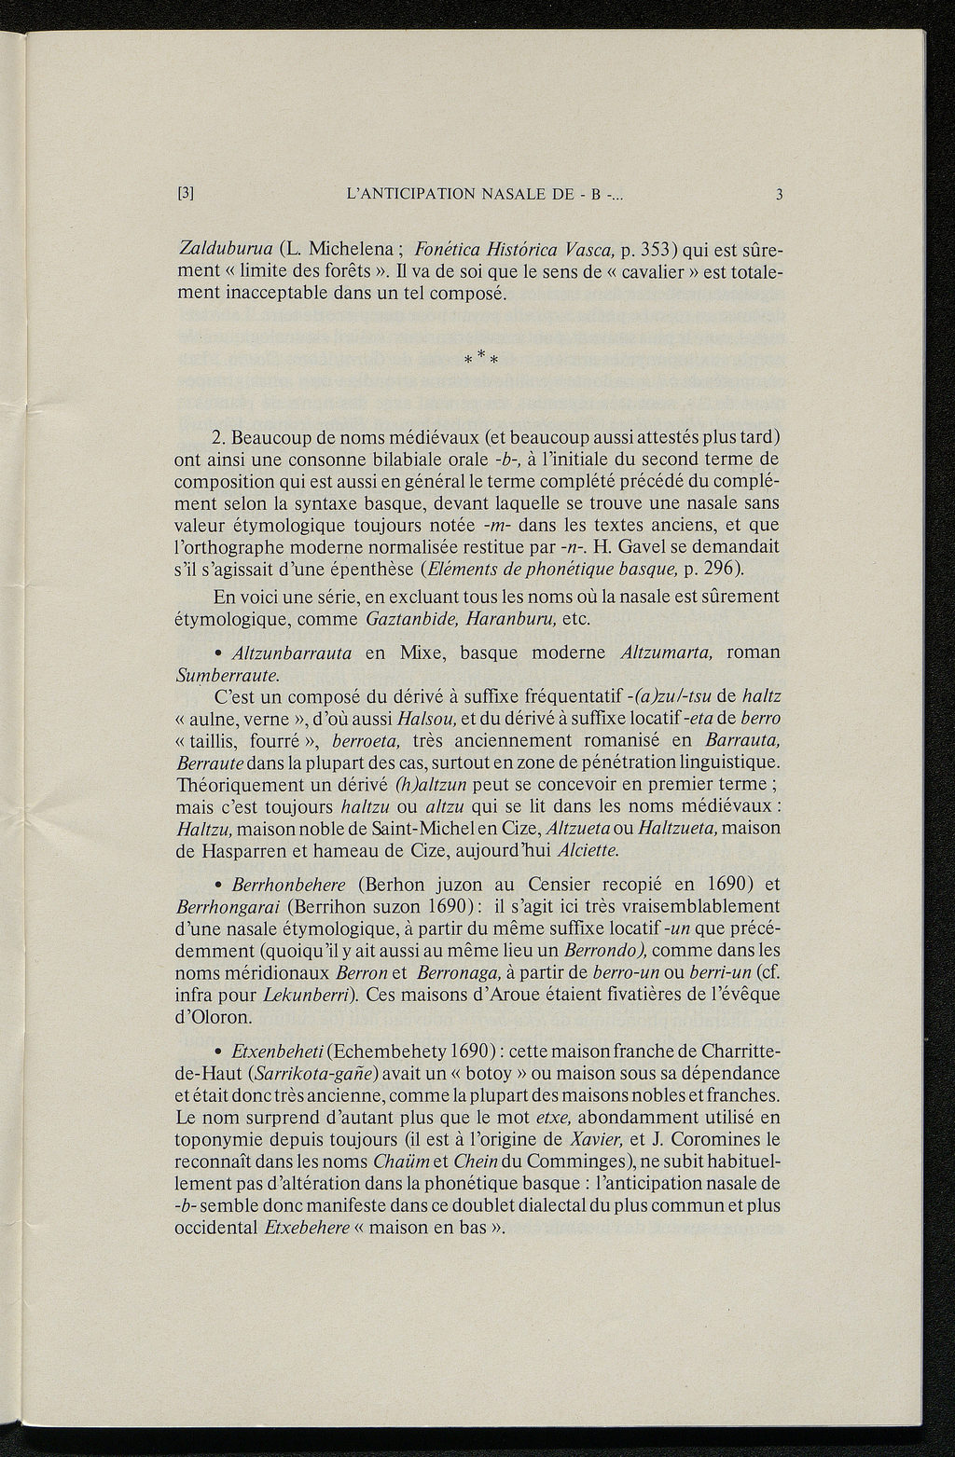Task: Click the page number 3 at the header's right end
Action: click(x=778, y=196)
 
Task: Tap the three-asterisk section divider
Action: click(x=478, y=357)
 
